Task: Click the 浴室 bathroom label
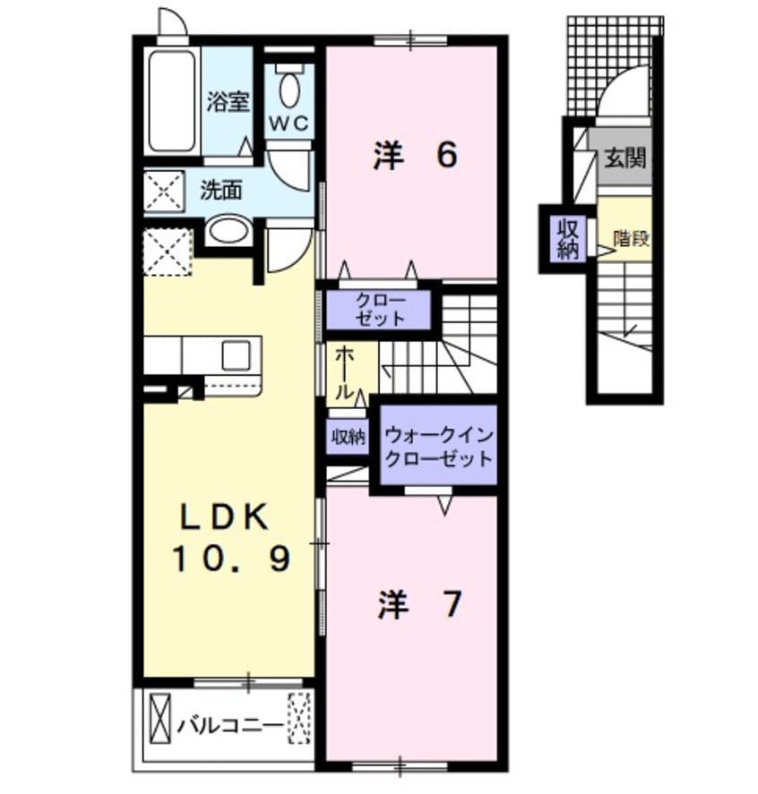[228, 103]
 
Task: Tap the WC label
[289, 124]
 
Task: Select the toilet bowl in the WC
[289, 90]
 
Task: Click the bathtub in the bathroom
[171, 100]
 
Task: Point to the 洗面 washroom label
[221, 191]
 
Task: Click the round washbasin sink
[230, 232]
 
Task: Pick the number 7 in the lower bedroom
[452, 605]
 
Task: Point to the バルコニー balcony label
[229, 723]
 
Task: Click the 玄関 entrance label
[625, 158]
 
